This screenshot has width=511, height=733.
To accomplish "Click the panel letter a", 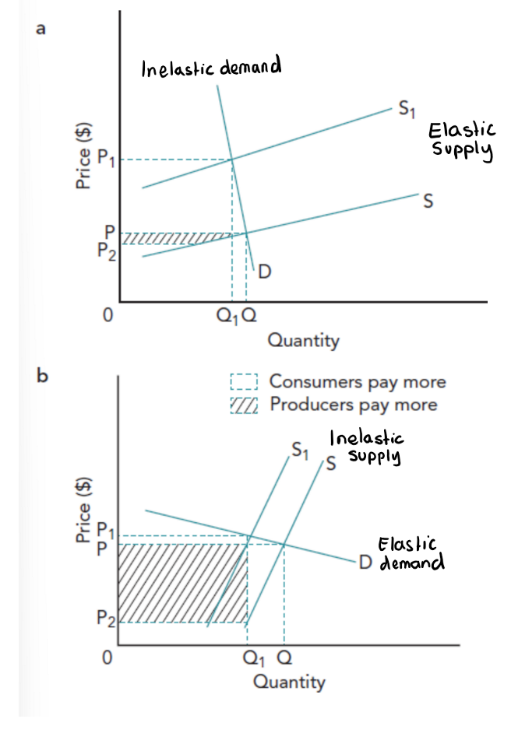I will (41, 30).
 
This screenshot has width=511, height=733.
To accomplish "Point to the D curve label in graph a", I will (265, 272).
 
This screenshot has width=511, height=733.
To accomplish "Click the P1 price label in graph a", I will (107, 161).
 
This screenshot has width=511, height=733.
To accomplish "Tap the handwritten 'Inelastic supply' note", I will (366, 446).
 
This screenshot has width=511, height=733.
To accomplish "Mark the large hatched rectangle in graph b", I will (181, 583).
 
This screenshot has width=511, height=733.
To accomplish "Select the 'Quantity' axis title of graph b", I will (289, 682).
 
